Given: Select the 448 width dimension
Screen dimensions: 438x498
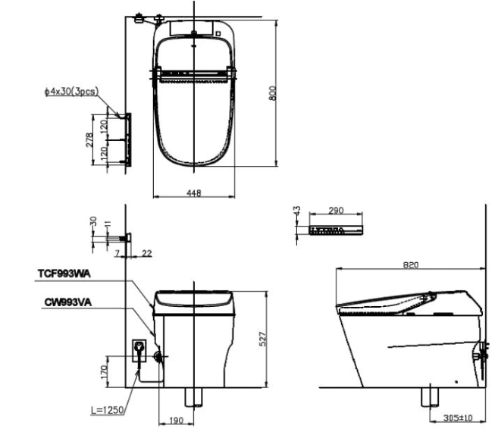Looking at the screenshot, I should click(x=194, y=194).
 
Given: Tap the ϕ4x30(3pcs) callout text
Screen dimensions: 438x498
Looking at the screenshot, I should click(x=71, y=92).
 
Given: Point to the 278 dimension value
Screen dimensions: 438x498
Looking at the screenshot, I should click(x=88, y=140).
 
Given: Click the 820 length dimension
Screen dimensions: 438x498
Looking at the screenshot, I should click(x=409, y=265).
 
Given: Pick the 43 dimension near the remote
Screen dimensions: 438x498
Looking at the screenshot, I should click(x=296, y=213).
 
